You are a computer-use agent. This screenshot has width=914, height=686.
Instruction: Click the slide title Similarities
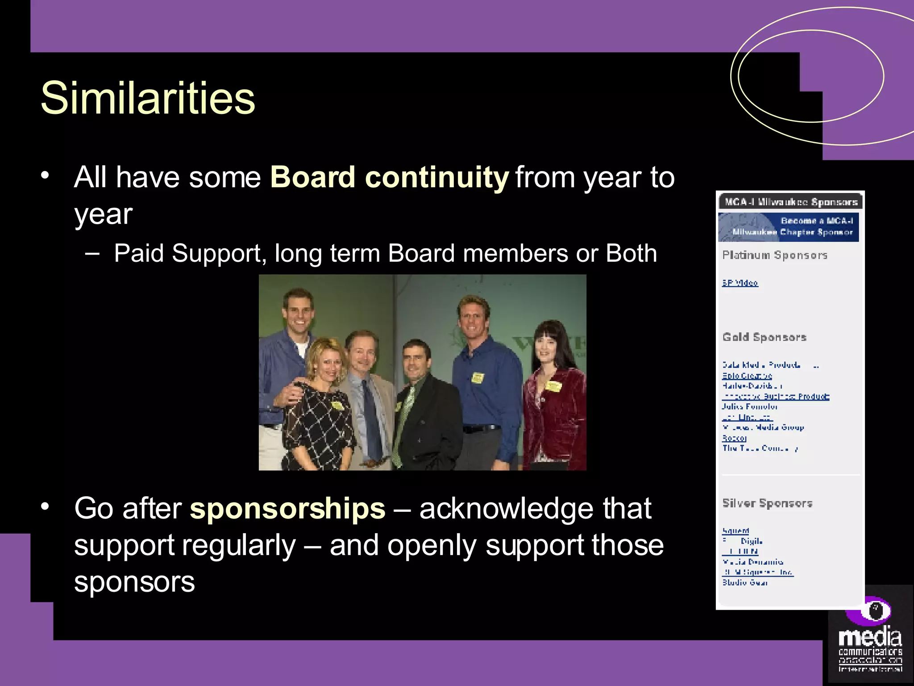[x=147, y=98]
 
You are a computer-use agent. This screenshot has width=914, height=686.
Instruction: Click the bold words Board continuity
[x=389, y=177]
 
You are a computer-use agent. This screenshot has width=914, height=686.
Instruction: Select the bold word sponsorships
[x=287, y=508]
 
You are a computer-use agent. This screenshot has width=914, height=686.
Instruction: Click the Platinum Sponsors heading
[x=775, y=255]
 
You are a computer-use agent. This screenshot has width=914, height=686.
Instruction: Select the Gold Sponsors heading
[x=764, y=337]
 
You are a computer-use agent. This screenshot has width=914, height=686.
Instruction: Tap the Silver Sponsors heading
[x=767, y=503]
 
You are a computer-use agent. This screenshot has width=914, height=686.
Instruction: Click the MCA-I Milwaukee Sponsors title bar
[x=790, y=202]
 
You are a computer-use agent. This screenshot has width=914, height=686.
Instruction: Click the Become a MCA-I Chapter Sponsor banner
[x=789, y=227]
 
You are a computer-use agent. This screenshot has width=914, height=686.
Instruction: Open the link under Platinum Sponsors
[x=740, y=283]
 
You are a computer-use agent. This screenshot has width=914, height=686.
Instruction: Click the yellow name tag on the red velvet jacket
[x=553, y=386]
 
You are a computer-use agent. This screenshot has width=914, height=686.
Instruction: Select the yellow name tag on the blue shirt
[x=478, y=378]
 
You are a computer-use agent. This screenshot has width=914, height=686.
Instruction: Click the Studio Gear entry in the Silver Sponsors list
[x=745, y=582]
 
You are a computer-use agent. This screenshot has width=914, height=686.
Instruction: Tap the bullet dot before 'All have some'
[x=44, y=175]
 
